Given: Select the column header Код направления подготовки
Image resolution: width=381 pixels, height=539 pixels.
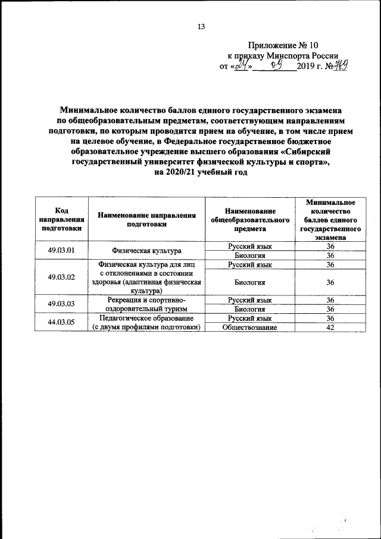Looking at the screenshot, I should pos(61,219).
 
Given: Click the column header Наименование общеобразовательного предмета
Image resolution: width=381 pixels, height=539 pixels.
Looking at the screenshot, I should pos(250,219).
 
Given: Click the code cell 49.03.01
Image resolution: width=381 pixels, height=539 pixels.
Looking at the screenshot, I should pos(61,251).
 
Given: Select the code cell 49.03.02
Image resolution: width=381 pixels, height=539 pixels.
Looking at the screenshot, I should pos(61,277).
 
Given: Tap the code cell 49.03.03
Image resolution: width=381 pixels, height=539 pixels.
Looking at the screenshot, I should pos(61,304).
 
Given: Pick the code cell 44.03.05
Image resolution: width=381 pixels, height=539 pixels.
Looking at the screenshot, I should pos(61,322).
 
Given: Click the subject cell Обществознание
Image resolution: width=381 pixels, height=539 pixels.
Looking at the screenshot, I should pos(250,327).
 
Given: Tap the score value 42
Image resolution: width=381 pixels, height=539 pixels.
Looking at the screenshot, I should pos(330,327).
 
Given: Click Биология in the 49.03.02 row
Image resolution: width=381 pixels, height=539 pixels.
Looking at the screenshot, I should pos(250,282).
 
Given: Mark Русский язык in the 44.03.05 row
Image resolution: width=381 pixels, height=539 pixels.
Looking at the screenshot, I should pos(250,318).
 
